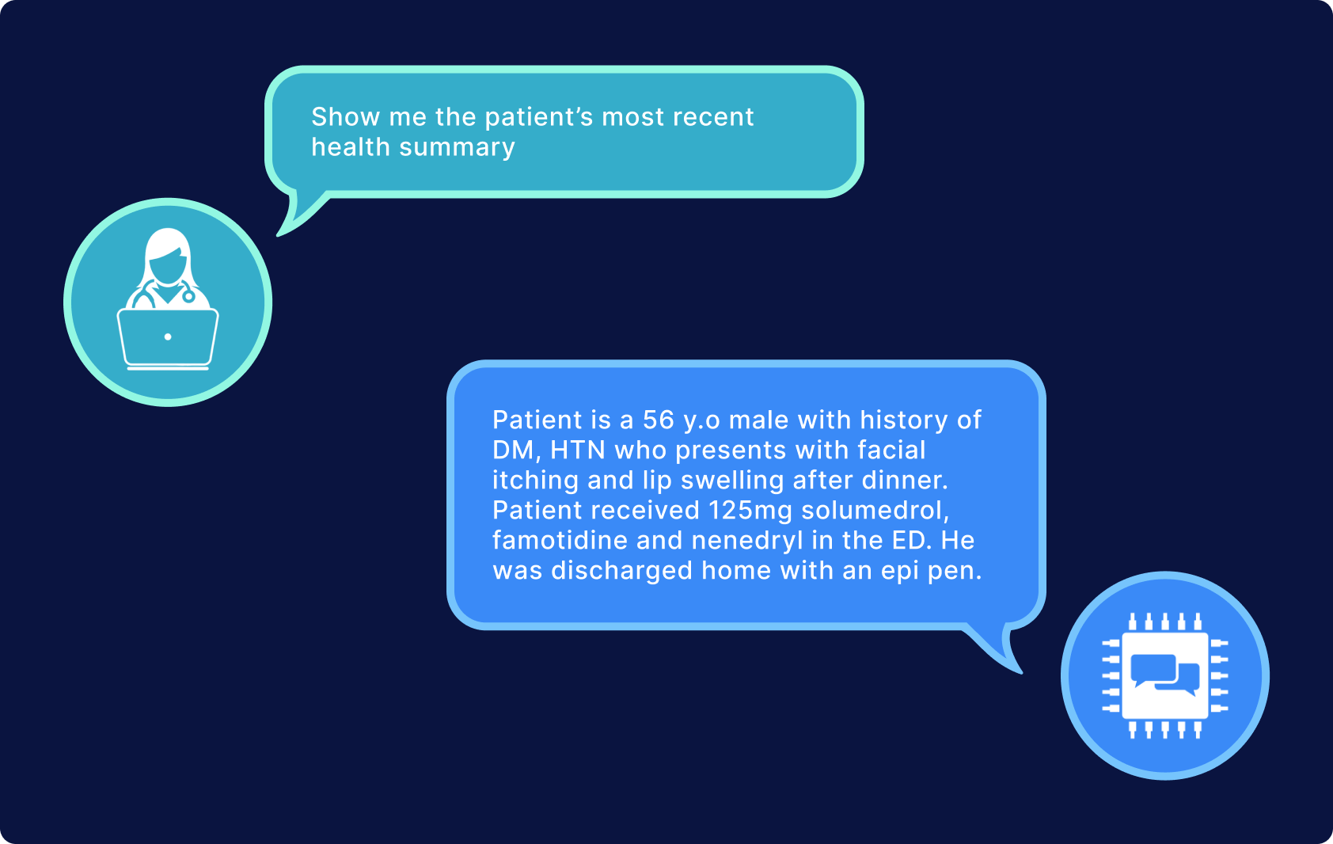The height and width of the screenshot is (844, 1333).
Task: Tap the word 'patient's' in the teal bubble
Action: pos(538,117)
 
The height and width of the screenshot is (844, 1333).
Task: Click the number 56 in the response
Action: pos(658,420)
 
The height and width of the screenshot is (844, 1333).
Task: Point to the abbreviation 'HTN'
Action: pos(577,451)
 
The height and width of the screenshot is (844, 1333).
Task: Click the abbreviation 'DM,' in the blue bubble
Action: pos(516,451)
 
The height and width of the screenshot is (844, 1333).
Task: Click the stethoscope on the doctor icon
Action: pos(188,295)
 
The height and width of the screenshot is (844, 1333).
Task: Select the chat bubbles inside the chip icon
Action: pos(1164,675)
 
